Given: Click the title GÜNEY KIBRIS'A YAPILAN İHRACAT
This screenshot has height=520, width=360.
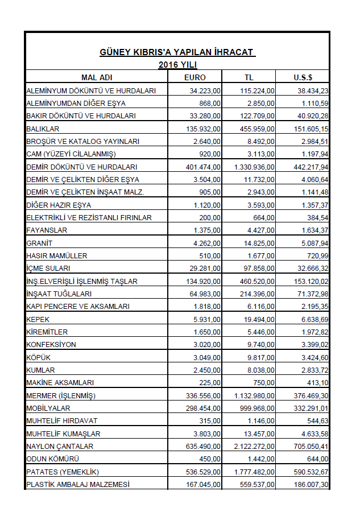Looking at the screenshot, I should (177, 53).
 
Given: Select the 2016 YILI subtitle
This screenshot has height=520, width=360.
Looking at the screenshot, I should (177, 65).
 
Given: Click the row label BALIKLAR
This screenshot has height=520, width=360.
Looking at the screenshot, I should (43, 129).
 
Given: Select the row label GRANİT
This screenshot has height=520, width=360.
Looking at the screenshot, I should (39, 243).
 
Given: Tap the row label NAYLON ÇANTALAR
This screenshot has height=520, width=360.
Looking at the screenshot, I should (60, 447).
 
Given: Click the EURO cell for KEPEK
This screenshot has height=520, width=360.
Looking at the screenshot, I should (207, 320).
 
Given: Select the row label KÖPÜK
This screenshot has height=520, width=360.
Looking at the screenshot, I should (38, 358).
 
